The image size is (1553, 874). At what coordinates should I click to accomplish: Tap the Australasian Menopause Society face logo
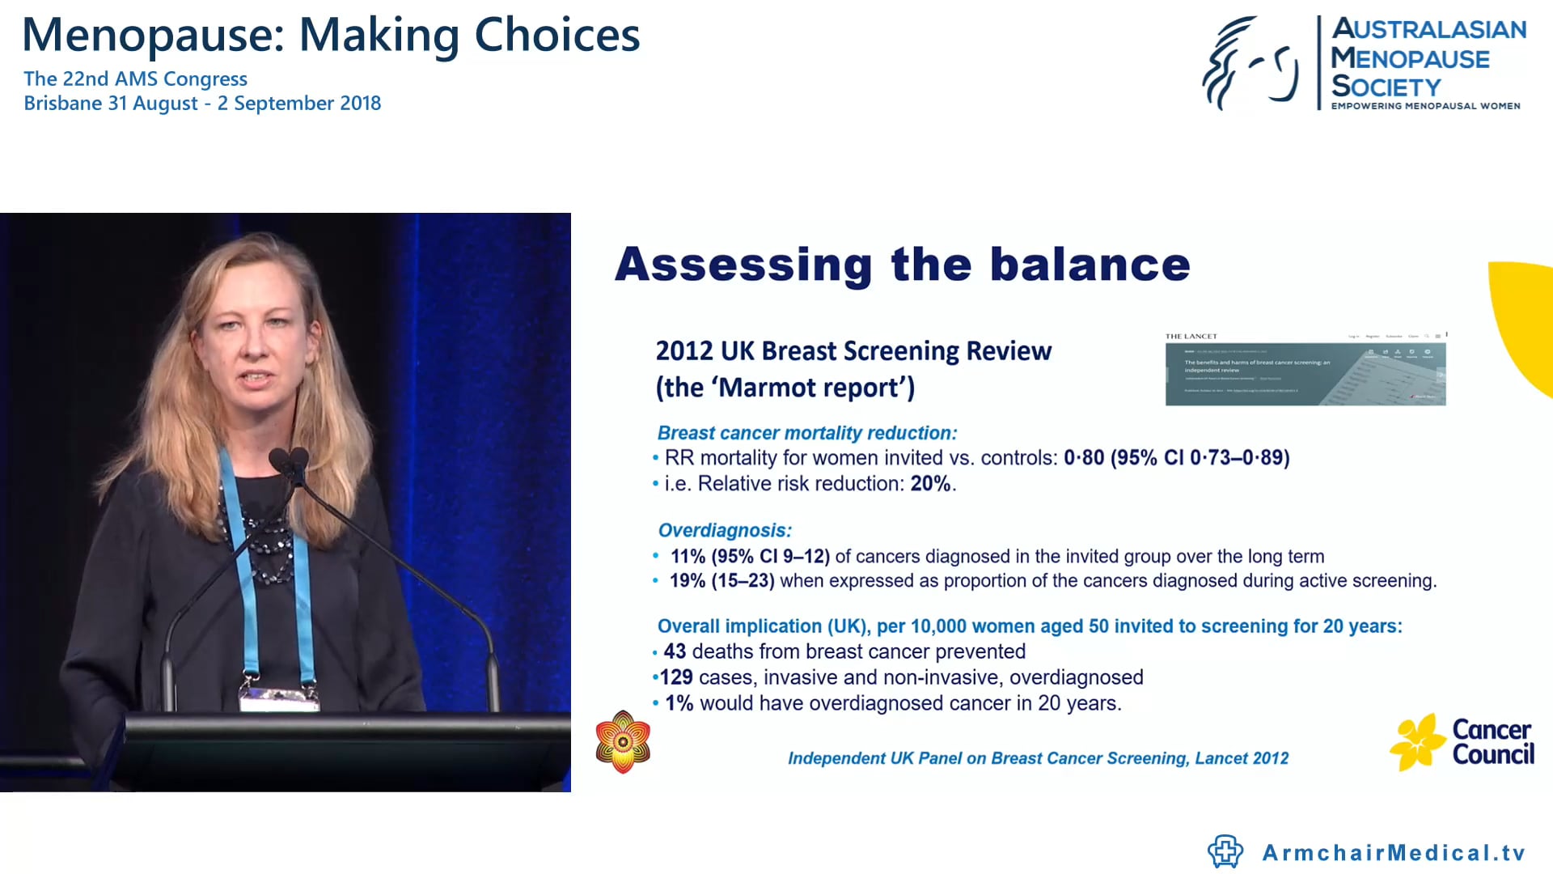tap(1250, 64)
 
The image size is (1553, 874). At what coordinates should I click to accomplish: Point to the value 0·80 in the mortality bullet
tap(1084, 458)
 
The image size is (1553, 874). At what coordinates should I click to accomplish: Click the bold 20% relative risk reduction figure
tap(931, 484)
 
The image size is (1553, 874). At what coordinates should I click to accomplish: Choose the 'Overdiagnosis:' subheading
tap(725, 531)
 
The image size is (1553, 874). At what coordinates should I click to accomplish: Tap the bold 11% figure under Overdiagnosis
tap(688, 557)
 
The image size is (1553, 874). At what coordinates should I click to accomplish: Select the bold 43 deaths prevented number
tap(675, 651)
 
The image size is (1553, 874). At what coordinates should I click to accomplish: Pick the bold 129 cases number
tap(676, 677)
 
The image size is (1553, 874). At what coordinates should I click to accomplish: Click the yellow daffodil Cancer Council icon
tap(1416, 742)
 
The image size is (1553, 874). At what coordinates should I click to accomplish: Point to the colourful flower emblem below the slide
tap(623, 741)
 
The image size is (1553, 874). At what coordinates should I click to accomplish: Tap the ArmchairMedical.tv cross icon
tap(1225, 851)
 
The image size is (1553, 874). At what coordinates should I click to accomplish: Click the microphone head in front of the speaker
tap(290, 462)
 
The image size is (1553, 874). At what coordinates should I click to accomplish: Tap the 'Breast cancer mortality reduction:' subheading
tap(807, 434)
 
